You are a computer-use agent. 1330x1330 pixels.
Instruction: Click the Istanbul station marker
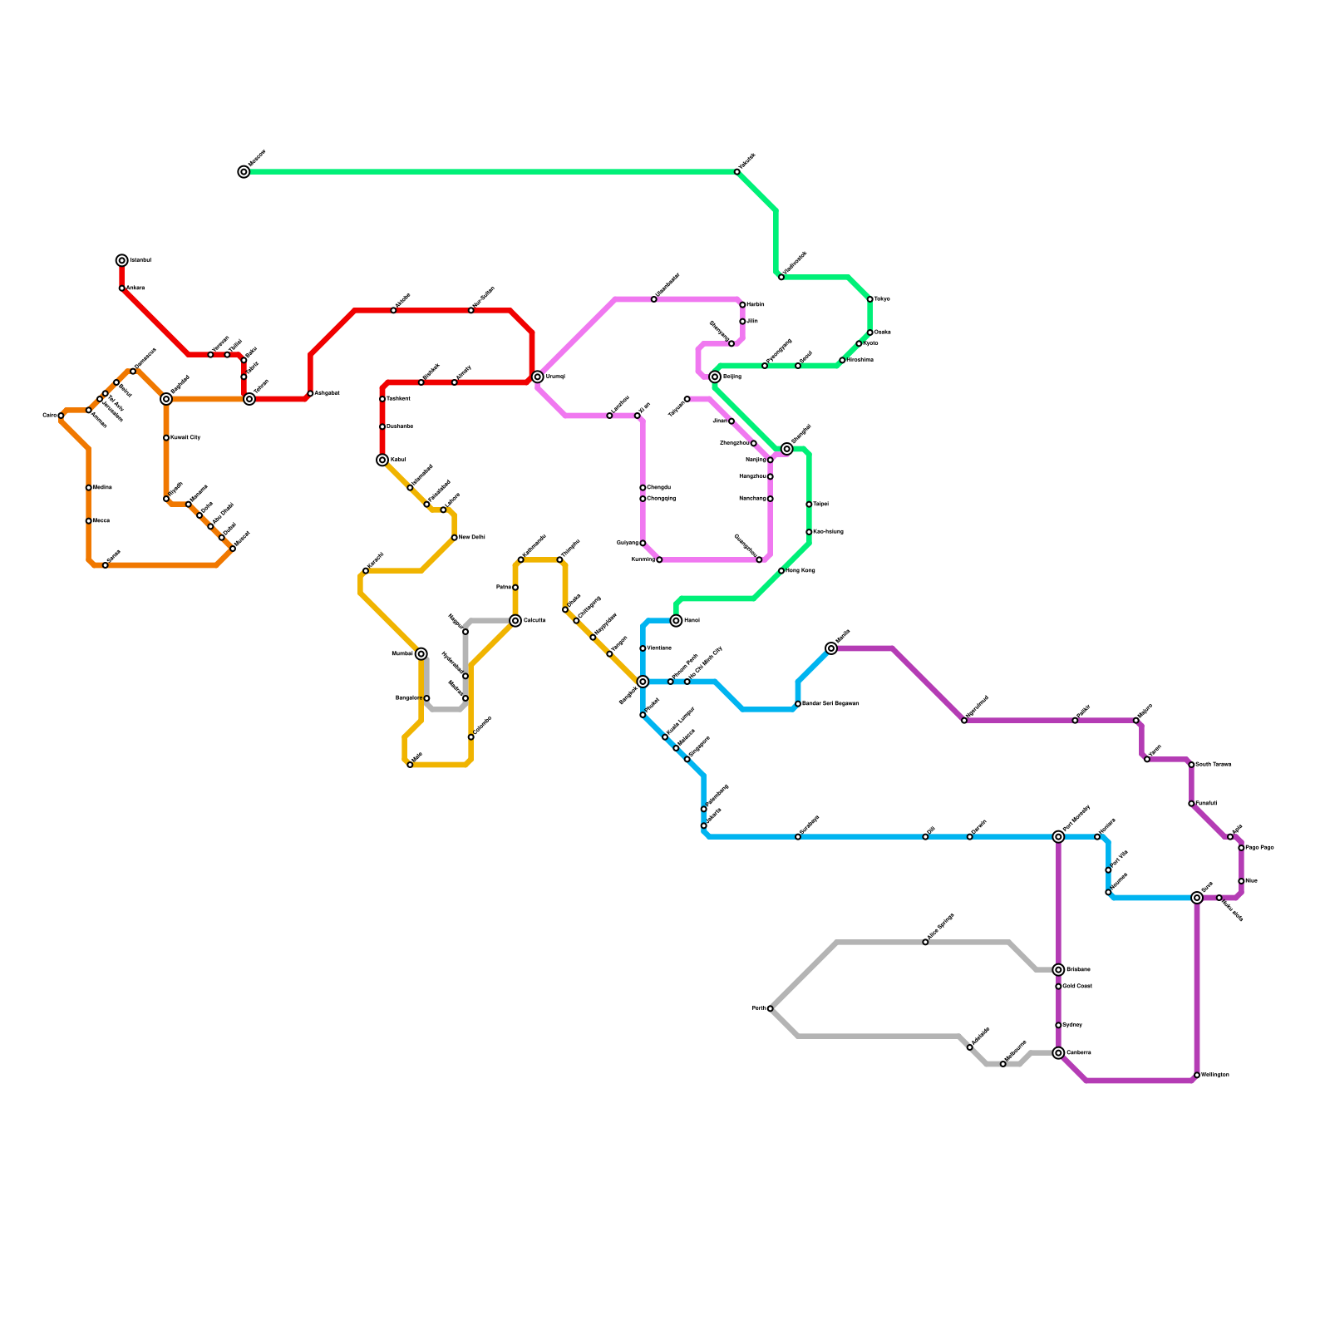[x=122, y=260]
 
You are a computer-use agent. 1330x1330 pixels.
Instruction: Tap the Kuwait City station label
[x=185, y=437]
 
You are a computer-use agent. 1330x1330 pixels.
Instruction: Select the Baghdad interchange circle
[x=166, y=399]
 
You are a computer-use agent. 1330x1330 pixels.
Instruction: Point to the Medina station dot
[x=89, y=488]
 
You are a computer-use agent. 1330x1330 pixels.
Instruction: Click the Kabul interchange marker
[x=382, y=460]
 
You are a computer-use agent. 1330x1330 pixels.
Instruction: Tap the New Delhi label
[x=471, y=538]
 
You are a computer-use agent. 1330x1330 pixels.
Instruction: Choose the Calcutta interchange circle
[x=515, y=621]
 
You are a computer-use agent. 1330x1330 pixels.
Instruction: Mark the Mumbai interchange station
[x=421, y=654]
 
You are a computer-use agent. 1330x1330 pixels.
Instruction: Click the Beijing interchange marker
[x=715, y=377]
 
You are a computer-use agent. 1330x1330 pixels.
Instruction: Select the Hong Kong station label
[x=800, y=571]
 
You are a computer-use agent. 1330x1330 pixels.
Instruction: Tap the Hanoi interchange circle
[x=677, y=621]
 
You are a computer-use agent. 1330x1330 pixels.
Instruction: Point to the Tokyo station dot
[x=870, y=299]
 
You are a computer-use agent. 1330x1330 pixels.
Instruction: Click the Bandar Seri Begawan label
[x=830, y=704]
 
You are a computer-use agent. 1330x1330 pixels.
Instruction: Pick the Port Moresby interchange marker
[x=1058, y=837]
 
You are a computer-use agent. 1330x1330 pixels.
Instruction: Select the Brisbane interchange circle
[x=1058, y=970]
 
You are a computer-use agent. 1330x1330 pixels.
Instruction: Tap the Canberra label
[x=1078, y=1053]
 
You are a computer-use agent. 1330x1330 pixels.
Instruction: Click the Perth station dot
[x=771, y=1008]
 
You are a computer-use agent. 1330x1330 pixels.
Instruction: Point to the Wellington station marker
[x=1197, y=1075]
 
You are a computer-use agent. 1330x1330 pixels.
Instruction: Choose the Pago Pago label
[x=1259, y=848]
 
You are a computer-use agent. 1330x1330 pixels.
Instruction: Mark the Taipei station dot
[x=809, y=505]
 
